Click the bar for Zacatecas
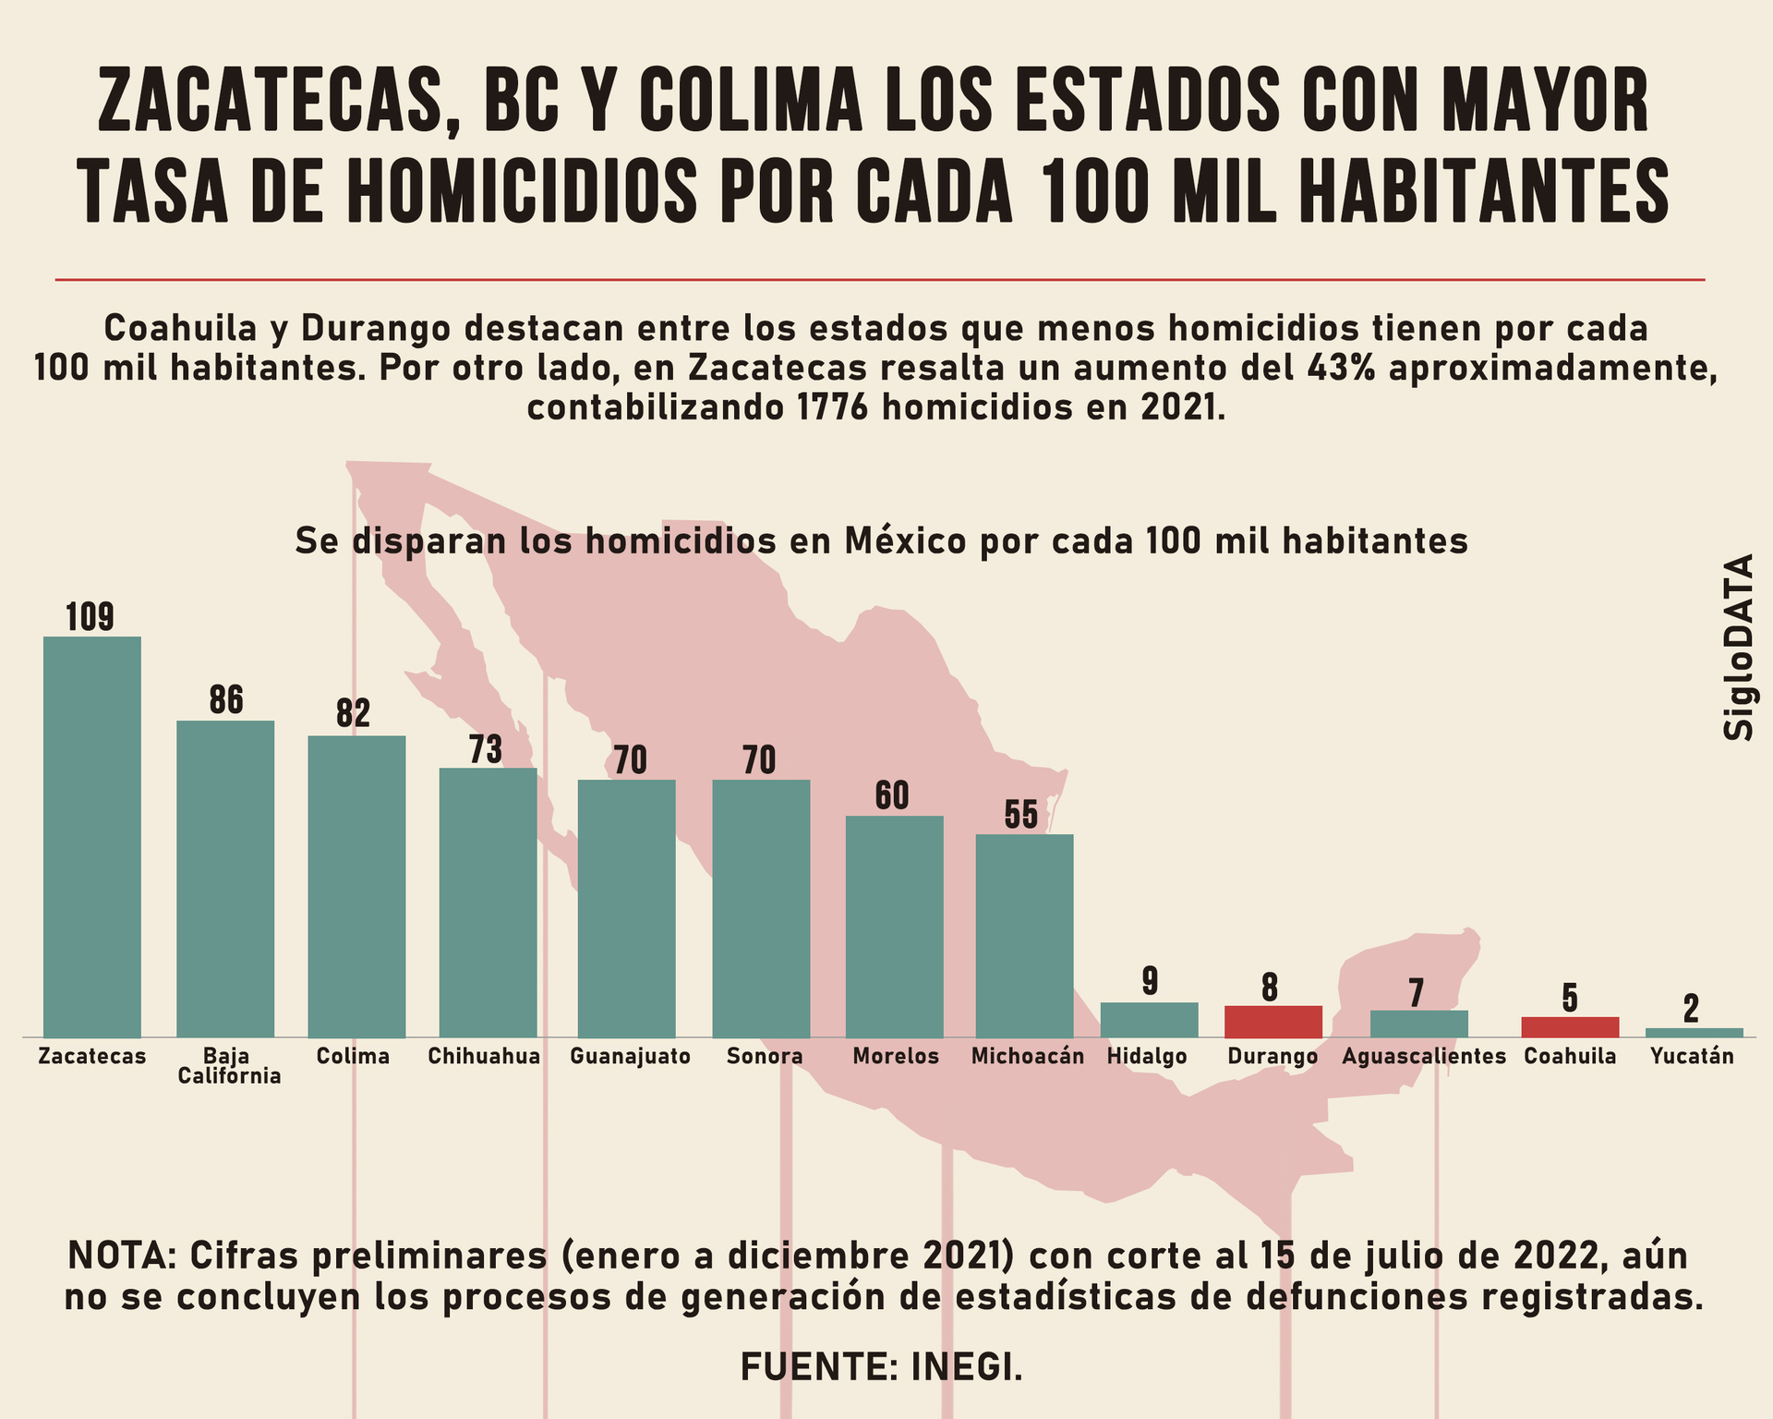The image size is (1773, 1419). [92, 836]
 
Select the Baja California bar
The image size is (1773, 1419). [225, 878]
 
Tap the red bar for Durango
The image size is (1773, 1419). [1273, 1021]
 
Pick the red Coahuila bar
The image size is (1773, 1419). [1570, 1026]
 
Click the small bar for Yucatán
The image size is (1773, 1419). [1694, 1032]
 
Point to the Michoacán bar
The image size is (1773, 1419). [1024, 935]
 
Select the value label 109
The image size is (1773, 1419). [90, 617]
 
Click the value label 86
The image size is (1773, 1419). [225, 700]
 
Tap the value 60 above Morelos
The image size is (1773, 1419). [892, 795]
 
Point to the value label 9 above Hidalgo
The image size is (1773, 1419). [1150, 981]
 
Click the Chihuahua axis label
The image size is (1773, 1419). [484, 1056]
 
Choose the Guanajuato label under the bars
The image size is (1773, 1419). [630, 1056]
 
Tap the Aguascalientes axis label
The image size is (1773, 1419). [1424, 1056]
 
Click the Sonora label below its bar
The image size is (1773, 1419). [765, 1056]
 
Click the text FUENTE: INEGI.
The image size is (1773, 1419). [882, 1366]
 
